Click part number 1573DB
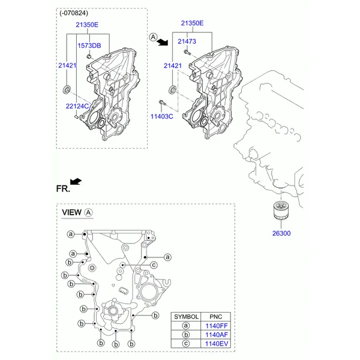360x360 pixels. point(89,46)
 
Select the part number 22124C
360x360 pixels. point(77,106)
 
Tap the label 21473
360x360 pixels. point(187,41)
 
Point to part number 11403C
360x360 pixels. point(161,116)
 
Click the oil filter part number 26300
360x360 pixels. point(281,233)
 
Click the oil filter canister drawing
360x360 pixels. point(281,210)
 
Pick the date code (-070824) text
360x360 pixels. point(73,13)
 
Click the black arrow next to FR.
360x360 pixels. point(76,181)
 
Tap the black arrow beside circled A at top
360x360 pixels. point(163,42)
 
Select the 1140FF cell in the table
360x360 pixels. point(216,326)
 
